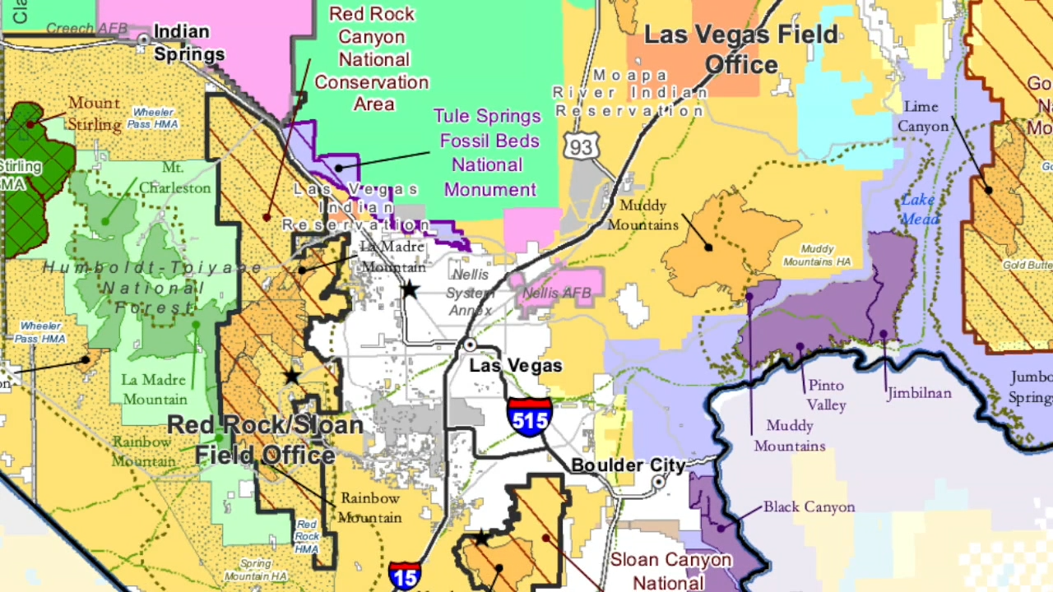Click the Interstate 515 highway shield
[x=530, y=417]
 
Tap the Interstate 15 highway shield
[x=405, y=576]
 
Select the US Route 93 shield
[x=578, y=146]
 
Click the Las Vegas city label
[x=516, y=366]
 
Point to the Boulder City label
[x=628, y=465]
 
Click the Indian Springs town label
[x=188, y=44]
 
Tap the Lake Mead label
[x=919, y=209]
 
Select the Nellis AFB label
[x=557, y=293]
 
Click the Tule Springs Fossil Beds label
[x=487, y=153]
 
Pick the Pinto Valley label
[x=826, y=395]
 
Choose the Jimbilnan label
[x=919, y=393]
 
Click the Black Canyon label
[x=809, y=506]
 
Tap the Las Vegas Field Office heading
[x=740, y=49]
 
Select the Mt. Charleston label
[x=174, y=178]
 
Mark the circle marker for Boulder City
[x=658, y=483]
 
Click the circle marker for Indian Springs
[x=143, y=39]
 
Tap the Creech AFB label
[x=86, y=29]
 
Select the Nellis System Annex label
[x=470, y=293]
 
